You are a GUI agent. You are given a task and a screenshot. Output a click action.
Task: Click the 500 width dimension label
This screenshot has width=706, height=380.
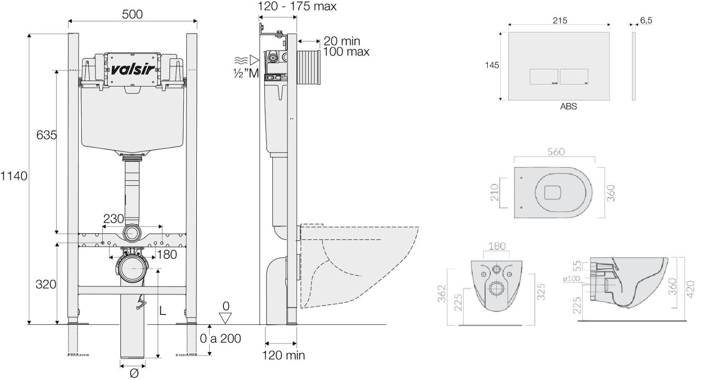132,14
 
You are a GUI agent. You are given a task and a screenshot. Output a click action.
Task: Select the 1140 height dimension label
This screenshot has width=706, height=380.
14,176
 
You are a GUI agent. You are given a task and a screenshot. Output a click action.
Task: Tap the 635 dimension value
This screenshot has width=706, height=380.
47,135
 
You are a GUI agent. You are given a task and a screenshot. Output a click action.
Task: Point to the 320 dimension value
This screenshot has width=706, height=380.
46,285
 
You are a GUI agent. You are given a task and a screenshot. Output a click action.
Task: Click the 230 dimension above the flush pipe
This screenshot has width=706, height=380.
114,218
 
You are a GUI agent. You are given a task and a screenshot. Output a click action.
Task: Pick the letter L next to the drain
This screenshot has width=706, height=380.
162,311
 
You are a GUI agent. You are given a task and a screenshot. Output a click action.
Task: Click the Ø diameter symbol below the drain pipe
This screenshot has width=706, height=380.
134,373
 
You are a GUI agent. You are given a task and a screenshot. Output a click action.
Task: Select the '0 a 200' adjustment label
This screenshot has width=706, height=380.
220,339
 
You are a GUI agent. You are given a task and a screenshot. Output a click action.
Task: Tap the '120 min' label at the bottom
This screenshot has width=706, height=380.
284,355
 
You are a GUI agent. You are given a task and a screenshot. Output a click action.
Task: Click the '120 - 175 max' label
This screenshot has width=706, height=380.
297,6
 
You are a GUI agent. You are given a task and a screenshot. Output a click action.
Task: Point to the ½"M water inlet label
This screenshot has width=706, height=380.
246,73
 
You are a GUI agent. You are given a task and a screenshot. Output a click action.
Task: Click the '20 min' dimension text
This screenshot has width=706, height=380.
342,41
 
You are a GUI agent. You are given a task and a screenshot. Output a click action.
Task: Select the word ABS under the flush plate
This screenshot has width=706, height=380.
568,106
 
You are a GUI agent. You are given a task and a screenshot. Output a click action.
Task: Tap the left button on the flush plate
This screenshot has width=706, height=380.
544,77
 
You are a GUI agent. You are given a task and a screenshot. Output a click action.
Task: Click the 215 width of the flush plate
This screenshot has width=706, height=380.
560,20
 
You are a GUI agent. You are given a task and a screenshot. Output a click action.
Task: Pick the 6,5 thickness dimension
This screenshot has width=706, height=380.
646,20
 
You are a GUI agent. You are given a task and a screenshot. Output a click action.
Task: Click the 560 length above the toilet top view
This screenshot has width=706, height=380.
556,152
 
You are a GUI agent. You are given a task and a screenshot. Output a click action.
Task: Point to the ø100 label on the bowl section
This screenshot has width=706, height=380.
571,279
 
